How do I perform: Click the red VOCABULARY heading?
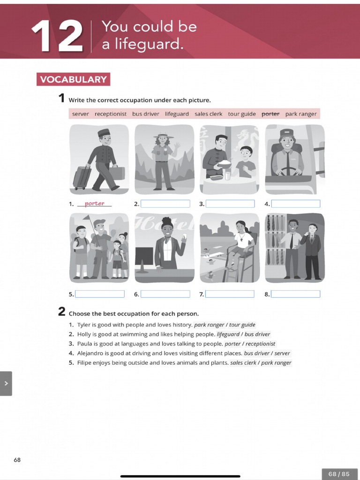tap(73, 79)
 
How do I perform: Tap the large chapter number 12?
tap(57, 36)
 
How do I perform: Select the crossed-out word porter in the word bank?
tap(270, 114)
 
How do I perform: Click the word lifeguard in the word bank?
tap(177, 114)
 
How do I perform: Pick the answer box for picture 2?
tap(165, 204)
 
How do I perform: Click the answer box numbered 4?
tap(295, 204)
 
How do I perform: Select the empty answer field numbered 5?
tap(99, 294)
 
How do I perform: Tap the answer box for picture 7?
tap(230, 294)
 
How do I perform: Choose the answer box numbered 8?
tap(295, 294)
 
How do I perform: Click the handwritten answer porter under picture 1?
tap(95, 203)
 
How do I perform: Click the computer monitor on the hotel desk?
tap(144, 257)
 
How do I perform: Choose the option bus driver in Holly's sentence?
tap(257, 334)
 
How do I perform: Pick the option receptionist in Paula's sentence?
tap(261, 344)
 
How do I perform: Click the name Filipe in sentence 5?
tap(84, 363)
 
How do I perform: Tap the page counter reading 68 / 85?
tap(339, 474)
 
